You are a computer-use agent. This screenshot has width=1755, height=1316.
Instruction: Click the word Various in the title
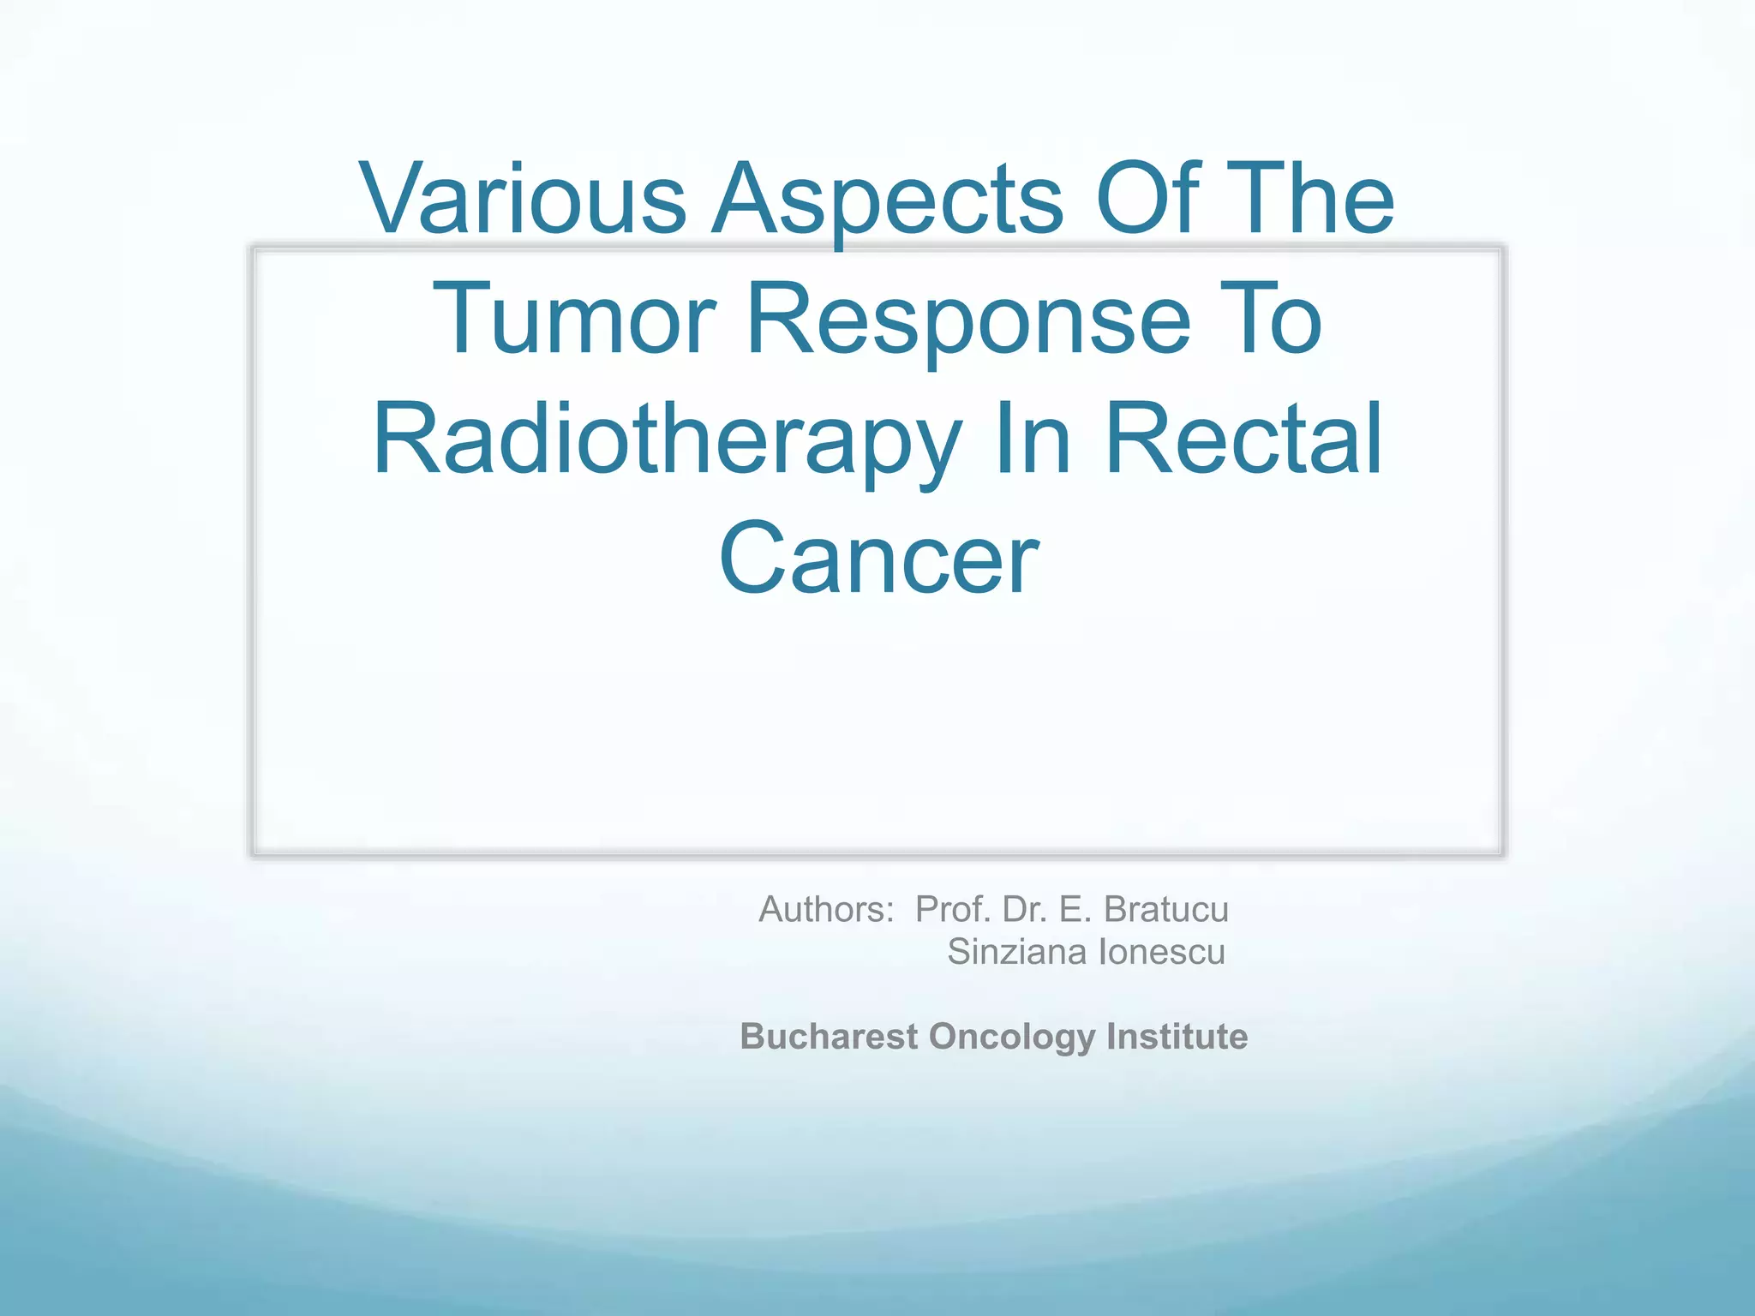tap(524, 199)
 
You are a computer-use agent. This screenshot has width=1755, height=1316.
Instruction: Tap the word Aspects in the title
tap(888, 199)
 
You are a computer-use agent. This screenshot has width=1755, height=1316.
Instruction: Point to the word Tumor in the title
tap(573, 319)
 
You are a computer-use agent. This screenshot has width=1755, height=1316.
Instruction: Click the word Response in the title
tap(969, 319)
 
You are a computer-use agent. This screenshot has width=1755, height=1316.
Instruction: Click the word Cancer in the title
tap(878, 559)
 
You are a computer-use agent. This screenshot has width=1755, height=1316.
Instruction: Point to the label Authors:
tap(826, 909)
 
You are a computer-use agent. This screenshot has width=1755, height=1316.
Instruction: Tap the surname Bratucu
tap(1165, 909)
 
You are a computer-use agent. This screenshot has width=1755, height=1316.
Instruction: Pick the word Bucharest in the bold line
tap(829, 1036)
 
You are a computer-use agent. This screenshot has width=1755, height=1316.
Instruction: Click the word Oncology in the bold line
tap(1011, 1036)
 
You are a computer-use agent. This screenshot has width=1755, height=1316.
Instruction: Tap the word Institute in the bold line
tap(1177, 1036)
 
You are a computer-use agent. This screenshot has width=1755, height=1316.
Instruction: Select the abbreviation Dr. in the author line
tap(1025, 909)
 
